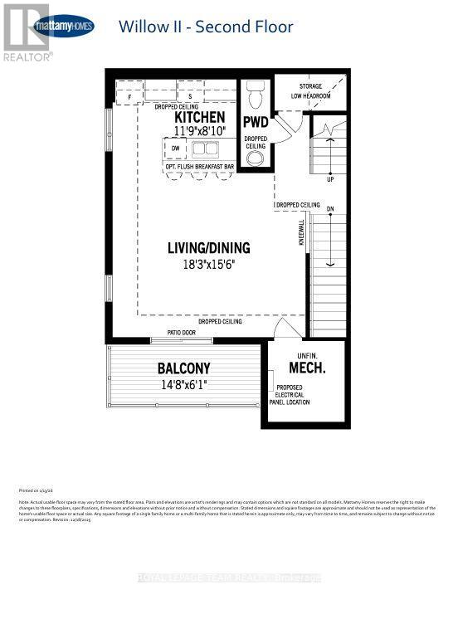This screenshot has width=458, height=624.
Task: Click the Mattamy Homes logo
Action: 62,27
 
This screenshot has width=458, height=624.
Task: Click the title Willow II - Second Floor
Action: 206,27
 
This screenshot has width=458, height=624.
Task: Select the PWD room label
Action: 256,123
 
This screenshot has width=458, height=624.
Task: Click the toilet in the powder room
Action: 255,95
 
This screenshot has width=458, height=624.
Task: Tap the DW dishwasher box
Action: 175,149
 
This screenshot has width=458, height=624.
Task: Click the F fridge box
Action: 130,97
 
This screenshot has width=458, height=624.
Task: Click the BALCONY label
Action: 184,368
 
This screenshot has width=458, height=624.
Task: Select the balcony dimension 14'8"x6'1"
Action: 184,384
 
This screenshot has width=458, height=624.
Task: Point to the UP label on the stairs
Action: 331,178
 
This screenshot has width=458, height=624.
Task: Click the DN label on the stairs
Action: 329,208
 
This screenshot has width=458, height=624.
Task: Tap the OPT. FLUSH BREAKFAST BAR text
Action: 200,167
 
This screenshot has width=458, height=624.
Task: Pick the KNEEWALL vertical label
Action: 303,232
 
